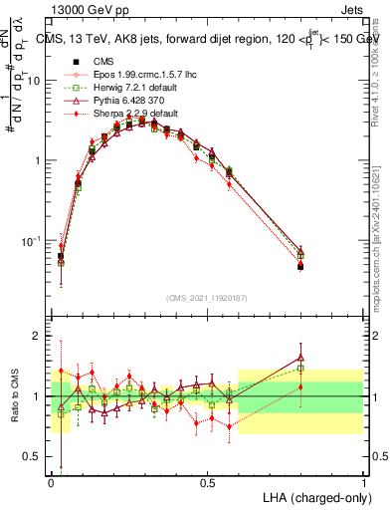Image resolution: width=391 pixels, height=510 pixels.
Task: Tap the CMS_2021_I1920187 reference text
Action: [x=207, y=298]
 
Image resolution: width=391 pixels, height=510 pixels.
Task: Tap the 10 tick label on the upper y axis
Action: [x=36, y=81]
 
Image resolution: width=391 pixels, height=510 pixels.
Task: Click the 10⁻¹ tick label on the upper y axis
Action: [x=33, y=240]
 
